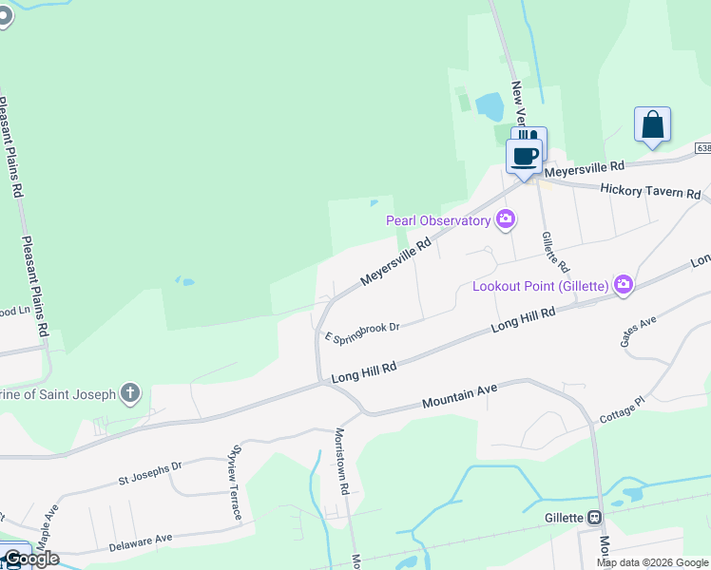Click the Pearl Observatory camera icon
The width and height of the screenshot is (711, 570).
(506, 220)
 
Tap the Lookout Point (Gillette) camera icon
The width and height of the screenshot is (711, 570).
(624, 284)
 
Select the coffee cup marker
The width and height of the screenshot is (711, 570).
(524, 155)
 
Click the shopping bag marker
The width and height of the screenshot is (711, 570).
(652, 124)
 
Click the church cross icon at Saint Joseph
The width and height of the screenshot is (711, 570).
(130, 393)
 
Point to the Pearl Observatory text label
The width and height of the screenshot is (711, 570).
(438, 220)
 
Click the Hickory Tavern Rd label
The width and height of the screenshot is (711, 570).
(650, 191)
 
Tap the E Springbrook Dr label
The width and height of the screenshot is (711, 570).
(361, 330)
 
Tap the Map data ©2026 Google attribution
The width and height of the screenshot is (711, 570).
(652, 562)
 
